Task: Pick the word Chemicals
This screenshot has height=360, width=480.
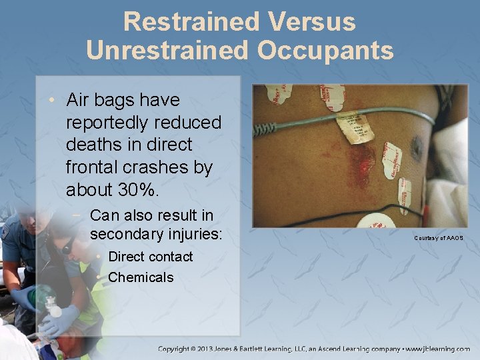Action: click(x=141, y=277)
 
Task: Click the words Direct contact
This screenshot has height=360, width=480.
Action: click(x=150, y=257)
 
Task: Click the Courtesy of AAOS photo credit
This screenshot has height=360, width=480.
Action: click(x=438, y=238)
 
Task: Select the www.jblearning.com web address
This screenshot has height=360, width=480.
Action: click(x=438, y=349)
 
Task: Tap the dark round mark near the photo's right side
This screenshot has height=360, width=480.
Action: click(x=417, y=144)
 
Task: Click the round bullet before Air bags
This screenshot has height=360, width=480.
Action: click(x=51, y=101)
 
